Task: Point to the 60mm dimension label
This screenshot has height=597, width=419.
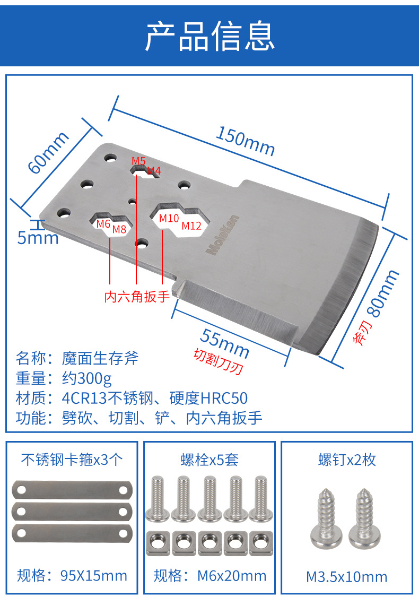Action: pyautogui.click(x=48, y=152)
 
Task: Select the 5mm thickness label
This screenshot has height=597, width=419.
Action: pyautogui.click(x=38, y=237)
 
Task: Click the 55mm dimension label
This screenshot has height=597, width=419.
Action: pyautogui.click(x=225, y=342)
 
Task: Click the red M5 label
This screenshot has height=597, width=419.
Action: pyautogui.click(x=138, y=160)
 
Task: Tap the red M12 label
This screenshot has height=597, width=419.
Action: pyautogui.click(x=191, y=226)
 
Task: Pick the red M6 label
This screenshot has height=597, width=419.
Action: pyautogui.click(x=103, y=223)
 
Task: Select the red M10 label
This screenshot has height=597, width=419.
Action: pyautogui.click(x=169, y=218)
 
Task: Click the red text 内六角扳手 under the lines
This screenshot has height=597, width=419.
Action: pyautogui.click(x=137, y=296)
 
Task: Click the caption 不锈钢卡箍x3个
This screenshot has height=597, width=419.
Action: pyautogui.click(x=71, y=459)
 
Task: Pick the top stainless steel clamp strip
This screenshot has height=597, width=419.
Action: pyautogui.click(x=72, y=489)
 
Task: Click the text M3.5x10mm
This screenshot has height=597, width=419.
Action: pyautogui.click(x=347, y=576)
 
